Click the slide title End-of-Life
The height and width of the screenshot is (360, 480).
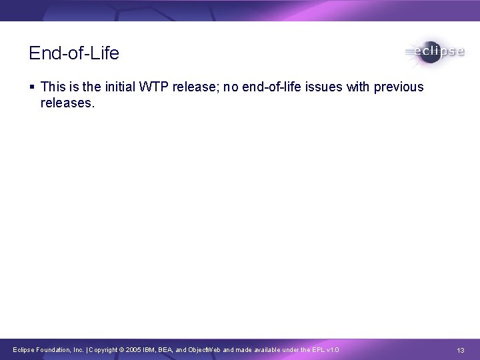point(74,53)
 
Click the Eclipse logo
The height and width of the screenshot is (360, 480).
point(434,52)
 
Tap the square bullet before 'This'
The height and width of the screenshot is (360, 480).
point(32,87)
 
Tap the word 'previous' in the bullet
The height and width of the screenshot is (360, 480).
point(401,87)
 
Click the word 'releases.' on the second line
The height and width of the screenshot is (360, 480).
point(68,103)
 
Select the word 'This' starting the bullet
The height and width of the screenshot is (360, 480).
point(53,87)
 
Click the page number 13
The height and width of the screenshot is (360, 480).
point(461,350)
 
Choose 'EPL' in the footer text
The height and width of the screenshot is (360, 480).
point(316,350)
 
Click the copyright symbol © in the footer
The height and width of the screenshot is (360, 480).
point(121,350)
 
